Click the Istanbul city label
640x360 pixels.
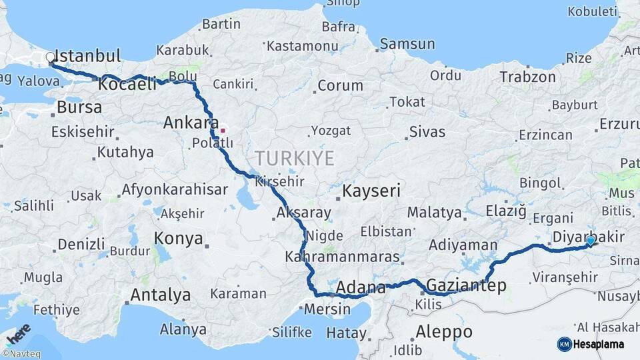[87, 55]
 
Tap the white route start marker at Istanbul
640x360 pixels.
[51, 58]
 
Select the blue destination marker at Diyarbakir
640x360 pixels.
[591, 240]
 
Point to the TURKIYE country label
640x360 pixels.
[293, 158]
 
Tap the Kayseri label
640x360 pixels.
[371, 191]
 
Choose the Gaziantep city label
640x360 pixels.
[465, 286]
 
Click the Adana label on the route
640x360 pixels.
[361, 289]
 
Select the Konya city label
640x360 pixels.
[178, 238]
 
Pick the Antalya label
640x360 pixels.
[160, 295]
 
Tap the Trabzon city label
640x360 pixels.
[527, 77]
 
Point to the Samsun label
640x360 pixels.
[407, 45]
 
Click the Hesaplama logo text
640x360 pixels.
[601, 344]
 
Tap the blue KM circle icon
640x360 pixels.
[564, 344]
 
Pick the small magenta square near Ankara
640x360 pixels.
[223, 131]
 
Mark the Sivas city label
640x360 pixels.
[427, 131]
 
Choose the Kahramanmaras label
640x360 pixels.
[342, 257]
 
